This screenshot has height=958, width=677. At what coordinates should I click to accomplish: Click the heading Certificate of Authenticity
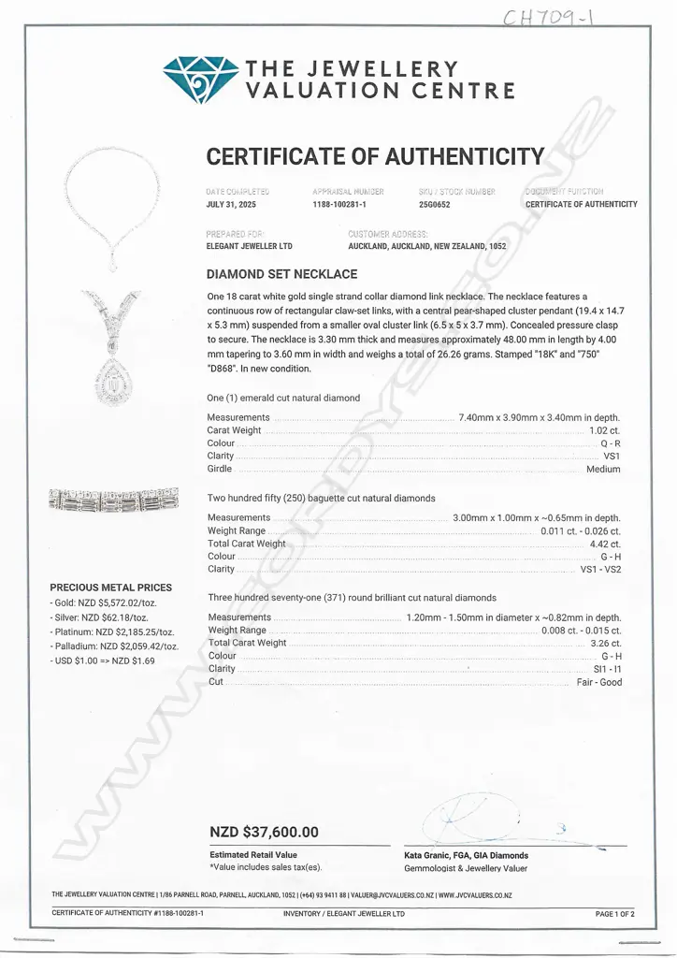click(x=374, y=156)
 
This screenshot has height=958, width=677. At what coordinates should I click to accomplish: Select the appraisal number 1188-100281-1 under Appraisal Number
click(x=338, y=204)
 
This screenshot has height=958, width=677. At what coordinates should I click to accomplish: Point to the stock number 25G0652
click(x=435, y=204)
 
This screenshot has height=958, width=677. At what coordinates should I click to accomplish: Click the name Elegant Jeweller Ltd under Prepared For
click(x=249, y=246)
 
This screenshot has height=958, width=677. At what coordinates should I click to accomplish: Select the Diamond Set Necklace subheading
click(x=281, y=274)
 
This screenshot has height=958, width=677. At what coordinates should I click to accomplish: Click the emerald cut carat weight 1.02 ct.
click(x=604, y=430)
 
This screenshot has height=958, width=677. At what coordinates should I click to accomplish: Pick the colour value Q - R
click(x=610, y=443)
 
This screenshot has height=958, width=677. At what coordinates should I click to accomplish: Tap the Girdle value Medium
click(x=603, y=469)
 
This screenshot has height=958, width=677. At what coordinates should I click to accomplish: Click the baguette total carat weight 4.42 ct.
click(x=604, y=544)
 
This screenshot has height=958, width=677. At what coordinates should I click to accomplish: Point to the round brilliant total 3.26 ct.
click(x=604, y=644)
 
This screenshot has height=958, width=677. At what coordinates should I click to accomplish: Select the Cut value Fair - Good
click(x=598, y=682)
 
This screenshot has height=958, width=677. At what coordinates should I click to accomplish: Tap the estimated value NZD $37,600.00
click(x=265, y=832)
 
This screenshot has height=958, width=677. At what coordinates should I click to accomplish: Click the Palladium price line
click(x=113, y=646)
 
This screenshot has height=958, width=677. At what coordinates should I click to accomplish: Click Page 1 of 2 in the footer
click(x=614, y=914)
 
